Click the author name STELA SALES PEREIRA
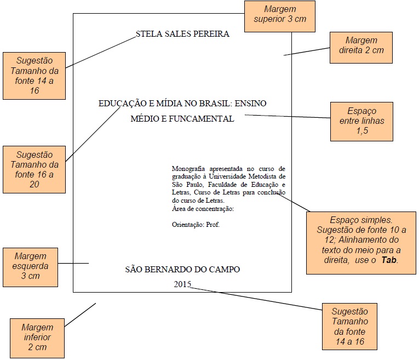tap(182, 35)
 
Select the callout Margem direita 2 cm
tap(361, 45)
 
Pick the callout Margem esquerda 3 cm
tap(31, 266)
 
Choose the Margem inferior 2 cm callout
tap(37, 337)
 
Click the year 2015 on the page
tap(183, 284)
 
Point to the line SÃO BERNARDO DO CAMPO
tap(182, 269)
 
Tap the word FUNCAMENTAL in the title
tap(205, 119)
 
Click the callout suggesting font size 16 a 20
tap(35, 169)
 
